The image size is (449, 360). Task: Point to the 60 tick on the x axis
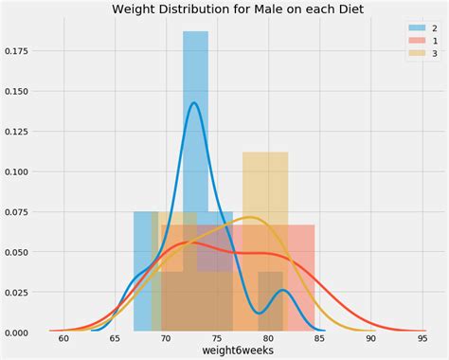[63, 338]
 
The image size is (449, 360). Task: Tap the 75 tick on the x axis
[217, 338]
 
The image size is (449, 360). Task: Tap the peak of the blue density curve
[194, 102]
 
